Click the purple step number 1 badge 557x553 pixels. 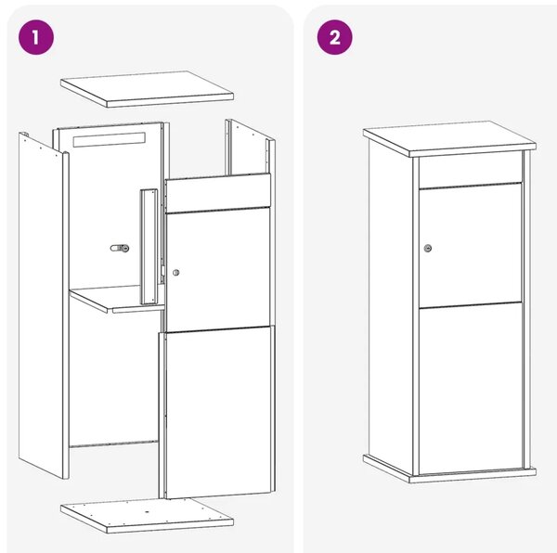[x=36, y=37]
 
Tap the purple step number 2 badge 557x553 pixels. [x=334, y=37]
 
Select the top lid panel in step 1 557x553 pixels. [x=147, y=89]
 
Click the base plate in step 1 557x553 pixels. [x=147, y=515]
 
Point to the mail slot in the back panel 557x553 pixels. [x=110, y=139]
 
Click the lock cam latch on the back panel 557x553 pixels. [x=120, y=248]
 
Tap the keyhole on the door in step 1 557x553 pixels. [x=175, y=273]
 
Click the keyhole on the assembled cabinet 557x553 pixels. [x=428, y=248]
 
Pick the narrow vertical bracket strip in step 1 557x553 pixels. [x=149, y=247]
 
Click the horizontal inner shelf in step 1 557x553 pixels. [x=117, y=299]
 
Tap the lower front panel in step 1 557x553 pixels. [x=217, y=412]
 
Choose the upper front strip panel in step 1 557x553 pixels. [x=218, y=193]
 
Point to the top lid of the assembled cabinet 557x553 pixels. [x=449, y=138]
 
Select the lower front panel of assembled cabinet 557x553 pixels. [x=471, y=389]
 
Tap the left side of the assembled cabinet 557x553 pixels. [x=391, y=305]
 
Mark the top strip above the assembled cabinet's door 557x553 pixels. [x=471, y=171]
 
